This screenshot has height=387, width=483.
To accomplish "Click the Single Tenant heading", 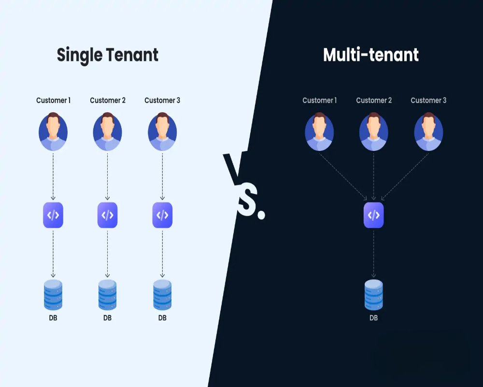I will coord(107,55).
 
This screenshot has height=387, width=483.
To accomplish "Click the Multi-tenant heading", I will coord(370,55).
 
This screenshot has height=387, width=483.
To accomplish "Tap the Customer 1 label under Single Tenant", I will coord(53,101).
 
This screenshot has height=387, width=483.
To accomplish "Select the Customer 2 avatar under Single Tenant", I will coord(108,132).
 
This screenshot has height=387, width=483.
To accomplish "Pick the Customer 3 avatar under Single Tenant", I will coord(162,132).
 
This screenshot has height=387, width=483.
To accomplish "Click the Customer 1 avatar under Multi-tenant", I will coord(319,132).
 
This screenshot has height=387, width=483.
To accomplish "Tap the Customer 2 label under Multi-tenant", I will coord(374,101).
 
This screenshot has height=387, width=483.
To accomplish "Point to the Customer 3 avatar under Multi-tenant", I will coord(428,132).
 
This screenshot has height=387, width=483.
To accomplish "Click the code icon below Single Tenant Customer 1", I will coord(53,215).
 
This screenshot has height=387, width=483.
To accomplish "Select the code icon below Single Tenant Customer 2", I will coord(108,215).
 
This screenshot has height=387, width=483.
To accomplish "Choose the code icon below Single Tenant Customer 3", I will coord(162,215).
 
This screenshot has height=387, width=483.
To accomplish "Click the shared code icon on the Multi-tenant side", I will coord(373,215).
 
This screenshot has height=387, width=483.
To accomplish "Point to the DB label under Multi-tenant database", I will coord(373,318).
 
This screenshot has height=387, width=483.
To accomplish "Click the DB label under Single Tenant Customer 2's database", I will coord(108,318).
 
